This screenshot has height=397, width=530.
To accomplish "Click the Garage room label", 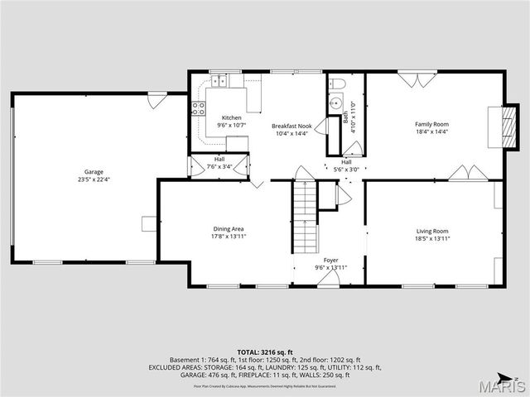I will click(x=94, y=171).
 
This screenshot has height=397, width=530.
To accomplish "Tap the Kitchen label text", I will click(x=229, y=117).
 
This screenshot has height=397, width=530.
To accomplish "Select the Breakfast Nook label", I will click(x=291, y=126).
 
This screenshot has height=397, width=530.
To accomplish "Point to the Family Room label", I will click(x=431, y=124).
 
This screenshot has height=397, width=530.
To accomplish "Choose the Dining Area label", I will click(x=227, y=228).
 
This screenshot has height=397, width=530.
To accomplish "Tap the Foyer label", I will click(x=330, y=260).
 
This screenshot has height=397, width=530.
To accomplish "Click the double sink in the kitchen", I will click(x=219, y=81).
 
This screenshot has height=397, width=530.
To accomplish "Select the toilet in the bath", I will click(x=337, y=84).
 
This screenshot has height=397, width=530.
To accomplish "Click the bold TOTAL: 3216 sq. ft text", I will click(x=264, y=352).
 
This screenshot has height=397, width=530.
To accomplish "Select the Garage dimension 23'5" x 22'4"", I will click(x=94, y=179).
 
